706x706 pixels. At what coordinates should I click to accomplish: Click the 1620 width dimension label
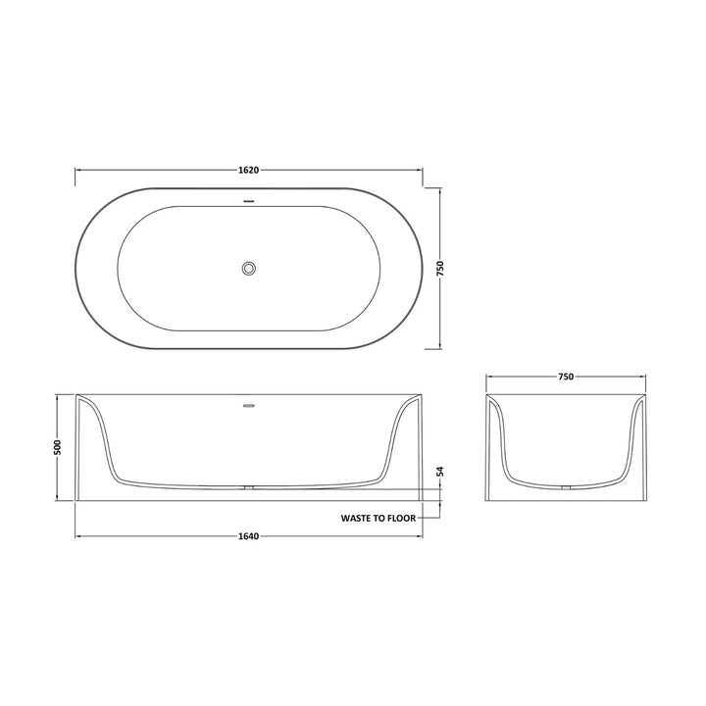click(248, 170)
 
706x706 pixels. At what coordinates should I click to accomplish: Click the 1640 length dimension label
click(248, 536)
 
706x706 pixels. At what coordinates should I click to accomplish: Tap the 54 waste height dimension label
click(440, 472)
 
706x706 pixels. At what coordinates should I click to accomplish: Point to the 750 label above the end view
click(566, 377)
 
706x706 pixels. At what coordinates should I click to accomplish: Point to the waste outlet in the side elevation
click(249, 487)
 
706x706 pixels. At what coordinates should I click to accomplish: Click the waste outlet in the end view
click(567, 487)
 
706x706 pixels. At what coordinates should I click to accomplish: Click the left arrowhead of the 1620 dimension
click(78, 170)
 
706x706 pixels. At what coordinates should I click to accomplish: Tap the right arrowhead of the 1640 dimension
click(421, 536)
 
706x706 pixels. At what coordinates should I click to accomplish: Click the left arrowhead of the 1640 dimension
click(78, 536)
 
